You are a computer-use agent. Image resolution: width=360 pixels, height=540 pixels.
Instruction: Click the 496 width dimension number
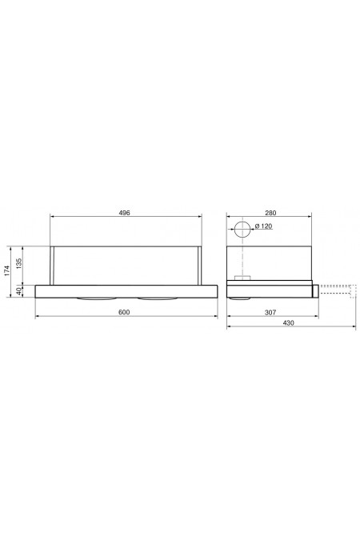click(x=124, y=214)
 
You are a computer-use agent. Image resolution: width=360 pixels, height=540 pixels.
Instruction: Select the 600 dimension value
click(x=124, y=310)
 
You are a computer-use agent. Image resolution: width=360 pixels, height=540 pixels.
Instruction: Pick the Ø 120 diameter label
click(x=263, y=228)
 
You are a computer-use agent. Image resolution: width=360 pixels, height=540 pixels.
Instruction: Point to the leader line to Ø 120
click(x=250, y=230)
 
